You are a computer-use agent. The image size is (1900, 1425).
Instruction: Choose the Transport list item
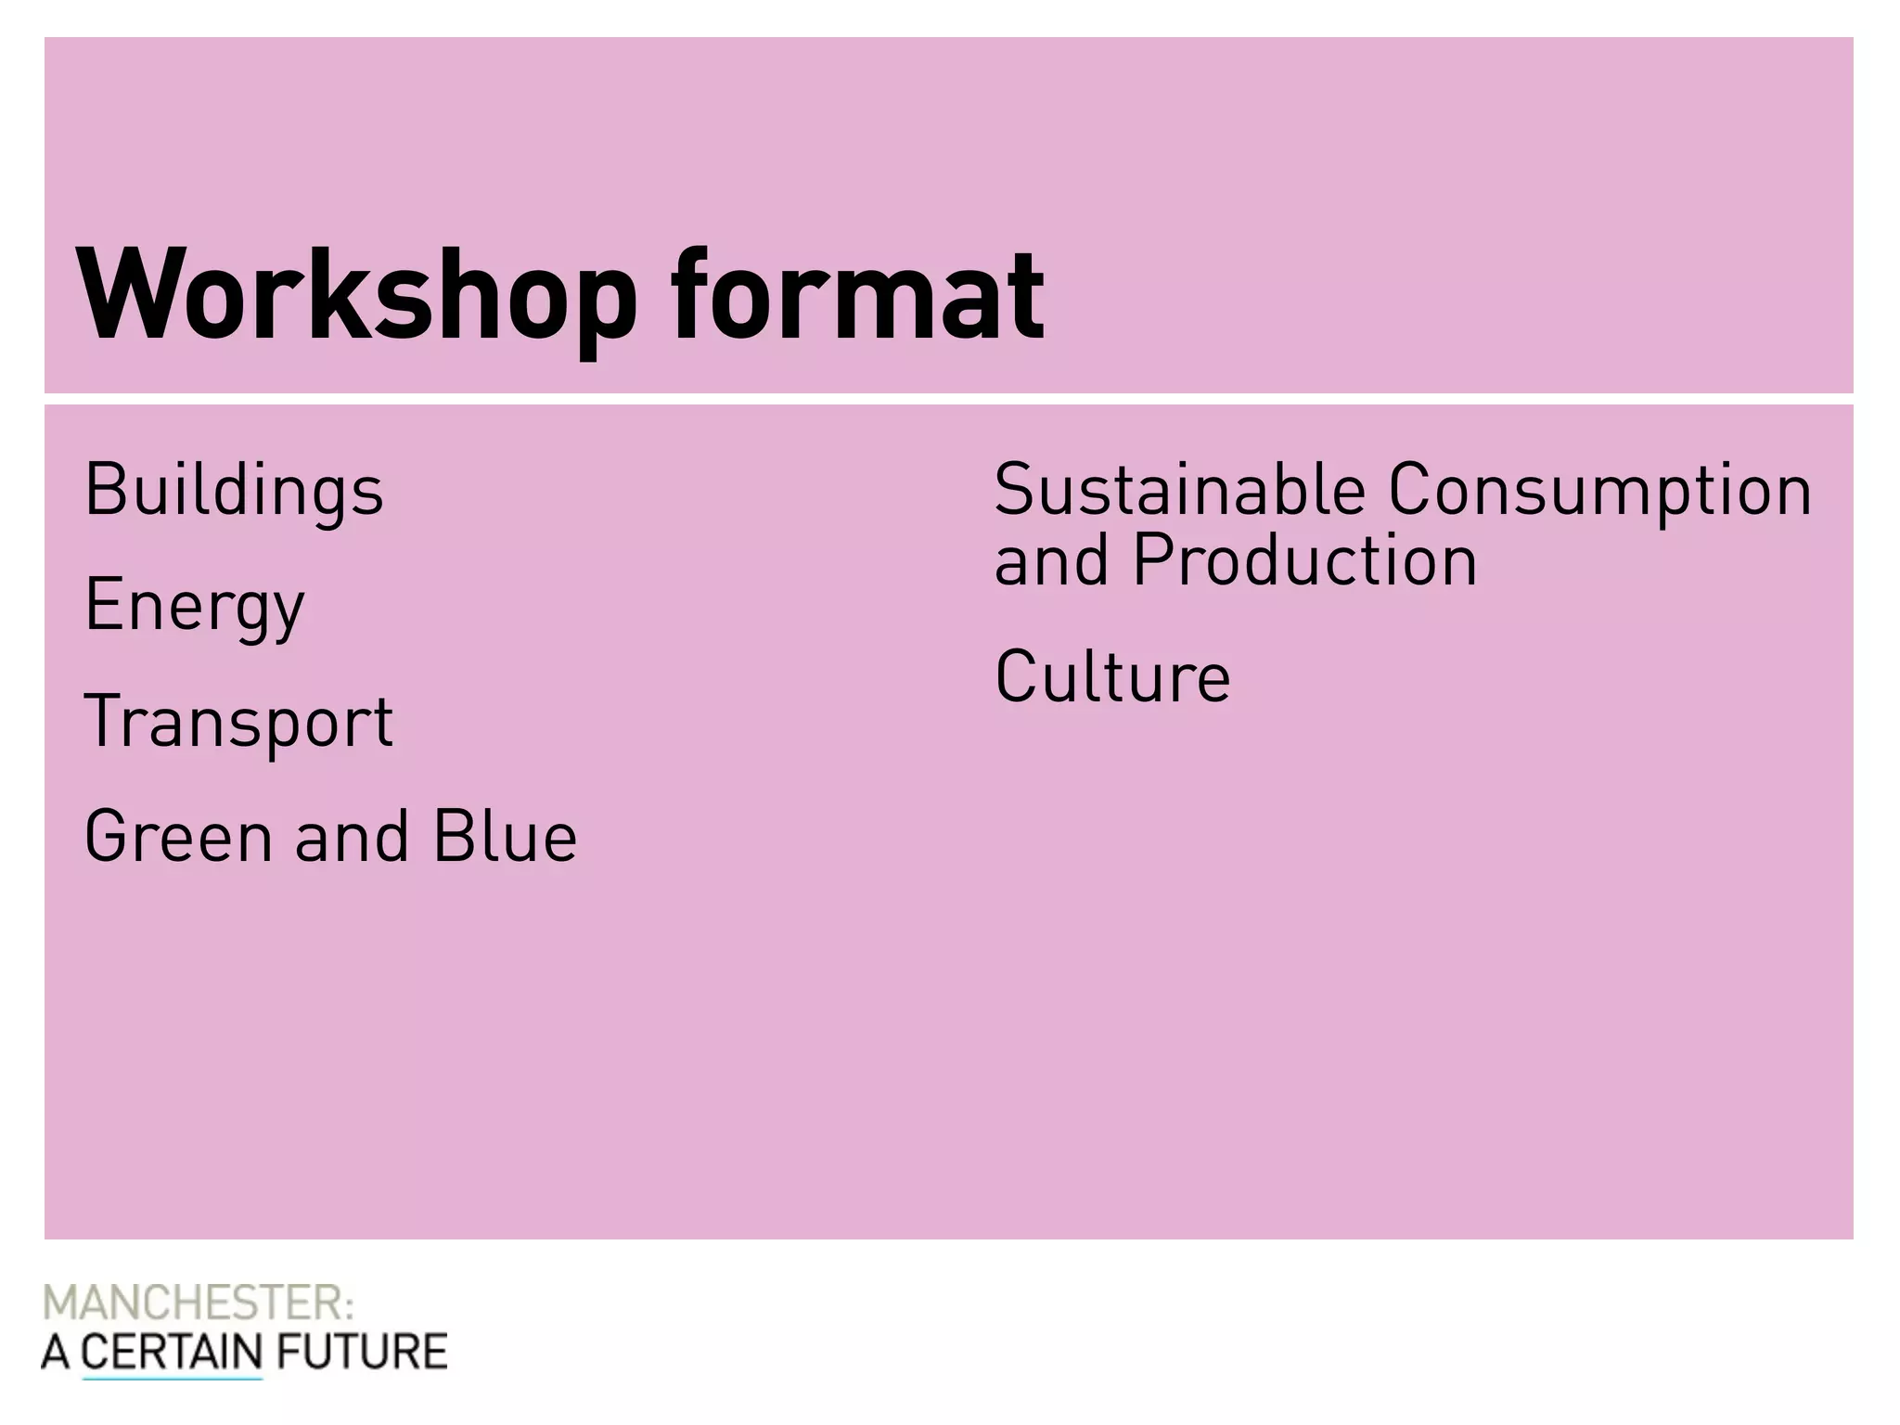(239, 722)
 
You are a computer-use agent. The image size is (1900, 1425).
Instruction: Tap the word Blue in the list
(506, 837)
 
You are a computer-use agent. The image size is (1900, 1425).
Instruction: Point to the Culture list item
(1112, 676)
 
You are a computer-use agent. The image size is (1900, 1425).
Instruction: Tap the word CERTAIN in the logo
(173, 1352)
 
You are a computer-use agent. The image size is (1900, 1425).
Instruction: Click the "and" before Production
(1051, 562)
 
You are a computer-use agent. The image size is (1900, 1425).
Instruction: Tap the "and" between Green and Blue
(352, 837)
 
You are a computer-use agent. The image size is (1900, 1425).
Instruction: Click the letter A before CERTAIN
(55, 1352)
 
